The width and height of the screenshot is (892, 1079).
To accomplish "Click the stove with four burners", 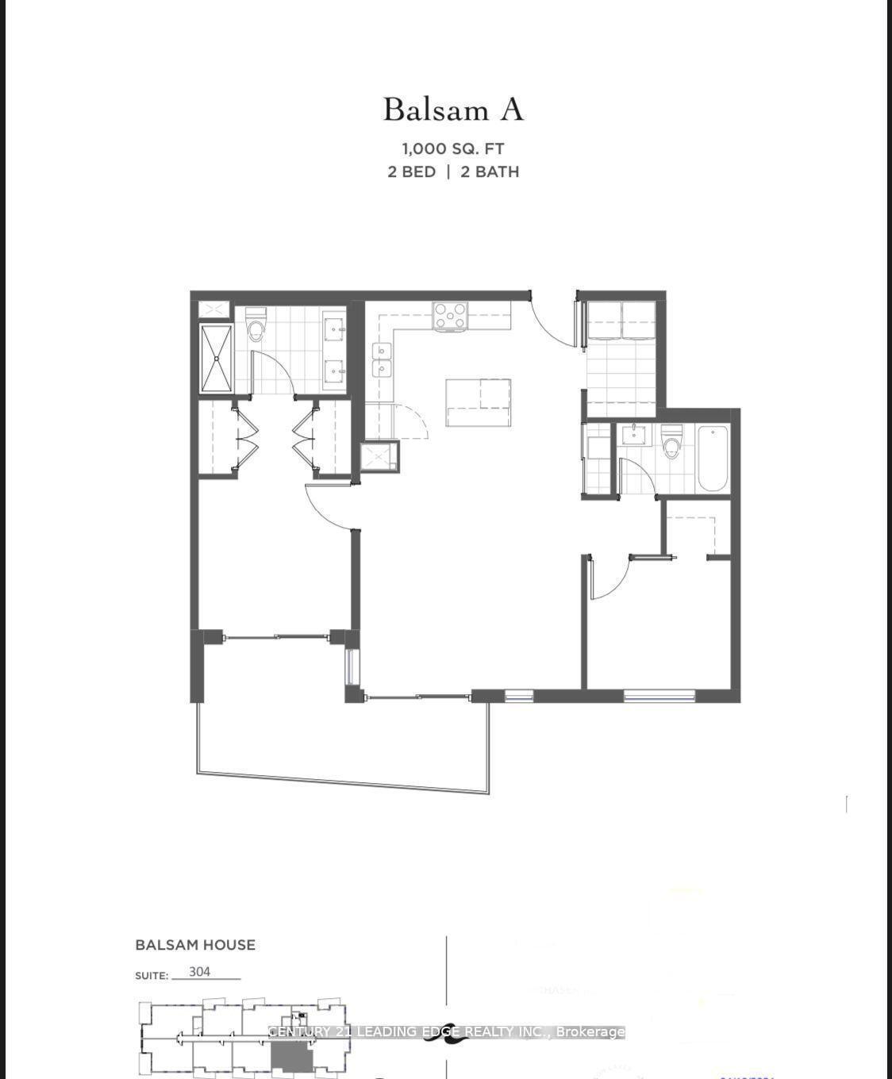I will (450, 317).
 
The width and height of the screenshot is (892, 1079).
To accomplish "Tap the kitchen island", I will (478, 402).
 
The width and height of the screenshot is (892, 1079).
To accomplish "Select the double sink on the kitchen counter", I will (383, 359).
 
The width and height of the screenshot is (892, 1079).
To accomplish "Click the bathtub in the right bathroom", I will (713, 458).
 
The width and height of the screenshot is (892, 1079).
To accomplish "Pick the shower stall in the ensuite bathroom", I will (216, 358).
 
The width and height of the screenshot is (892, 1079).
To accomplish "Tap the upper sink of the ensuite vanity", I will (335, 325).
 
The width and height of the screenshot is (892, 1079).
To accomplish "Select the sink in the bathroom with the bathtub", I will (634, 435).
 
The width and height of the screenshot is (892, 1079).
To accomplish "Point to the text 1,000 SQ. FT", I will (453, 148).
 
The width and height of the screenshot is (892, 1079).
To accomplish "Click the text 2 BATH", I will (490, 171).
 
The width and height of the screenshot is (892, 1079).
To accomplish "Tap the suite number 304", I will (200, 972).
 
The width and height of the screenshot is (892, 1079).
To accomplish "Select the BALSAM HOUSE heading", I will (195, 945).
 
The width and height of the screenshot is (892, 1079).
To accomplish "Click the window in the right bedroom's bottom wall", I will (659, 696).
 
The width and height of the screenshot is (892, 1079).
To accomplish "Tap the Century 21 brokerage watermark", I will (446, 1031).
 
